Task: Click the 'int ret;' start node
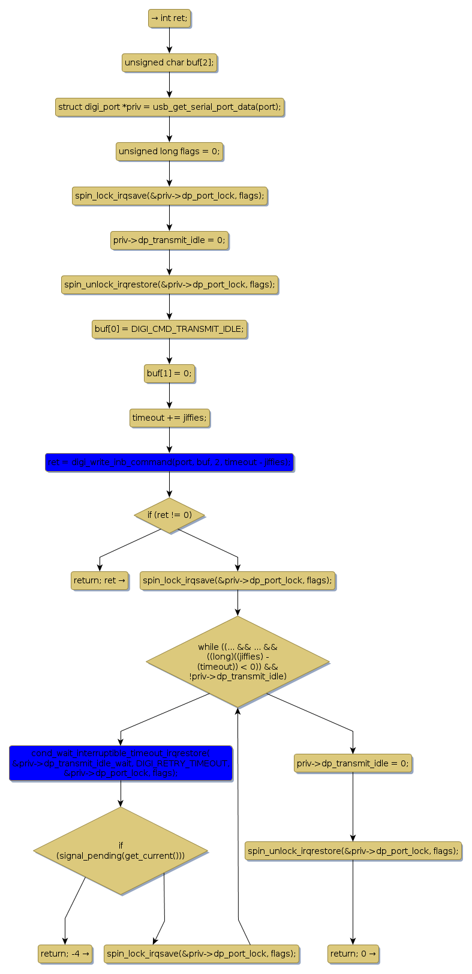tap(169, 19)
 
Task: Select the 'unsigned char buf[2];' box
tap(169, 62)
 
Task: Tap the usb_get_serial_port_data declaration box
tap(169, 107)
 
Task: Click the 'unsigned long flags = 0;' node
tap(169, 151)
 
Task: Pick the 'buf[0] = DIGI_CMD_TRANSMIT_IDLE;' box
tap(169, 329)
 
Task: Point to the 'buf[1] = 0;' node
tap(169, 373)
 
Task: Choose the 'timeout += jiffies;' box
tap(169, 418)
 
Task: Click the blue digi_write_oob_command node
tap(169, 462)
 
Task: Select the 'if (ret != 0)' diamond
tap(169, 515)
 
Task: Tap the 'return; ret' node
tap(100, 580)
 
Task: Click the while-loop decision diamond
tap(237, 661)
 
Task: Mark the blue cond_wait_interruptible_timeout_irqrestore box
tap(121, 763)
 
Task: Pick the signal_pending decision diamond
tap(121, 850)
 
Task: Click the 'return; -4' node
tap(65, 954)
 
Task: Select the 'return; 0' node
tap(353, 954)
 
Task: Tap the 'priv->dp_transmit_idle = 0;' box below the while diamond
tap(353, 763)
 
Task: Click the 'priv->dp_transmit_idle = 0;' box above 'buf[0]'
tap(169, 240)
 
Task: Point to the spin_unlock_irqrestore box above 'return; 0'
tap(353, 850)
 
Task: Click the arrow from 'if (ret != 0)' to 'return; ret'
tap(129, 544)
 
